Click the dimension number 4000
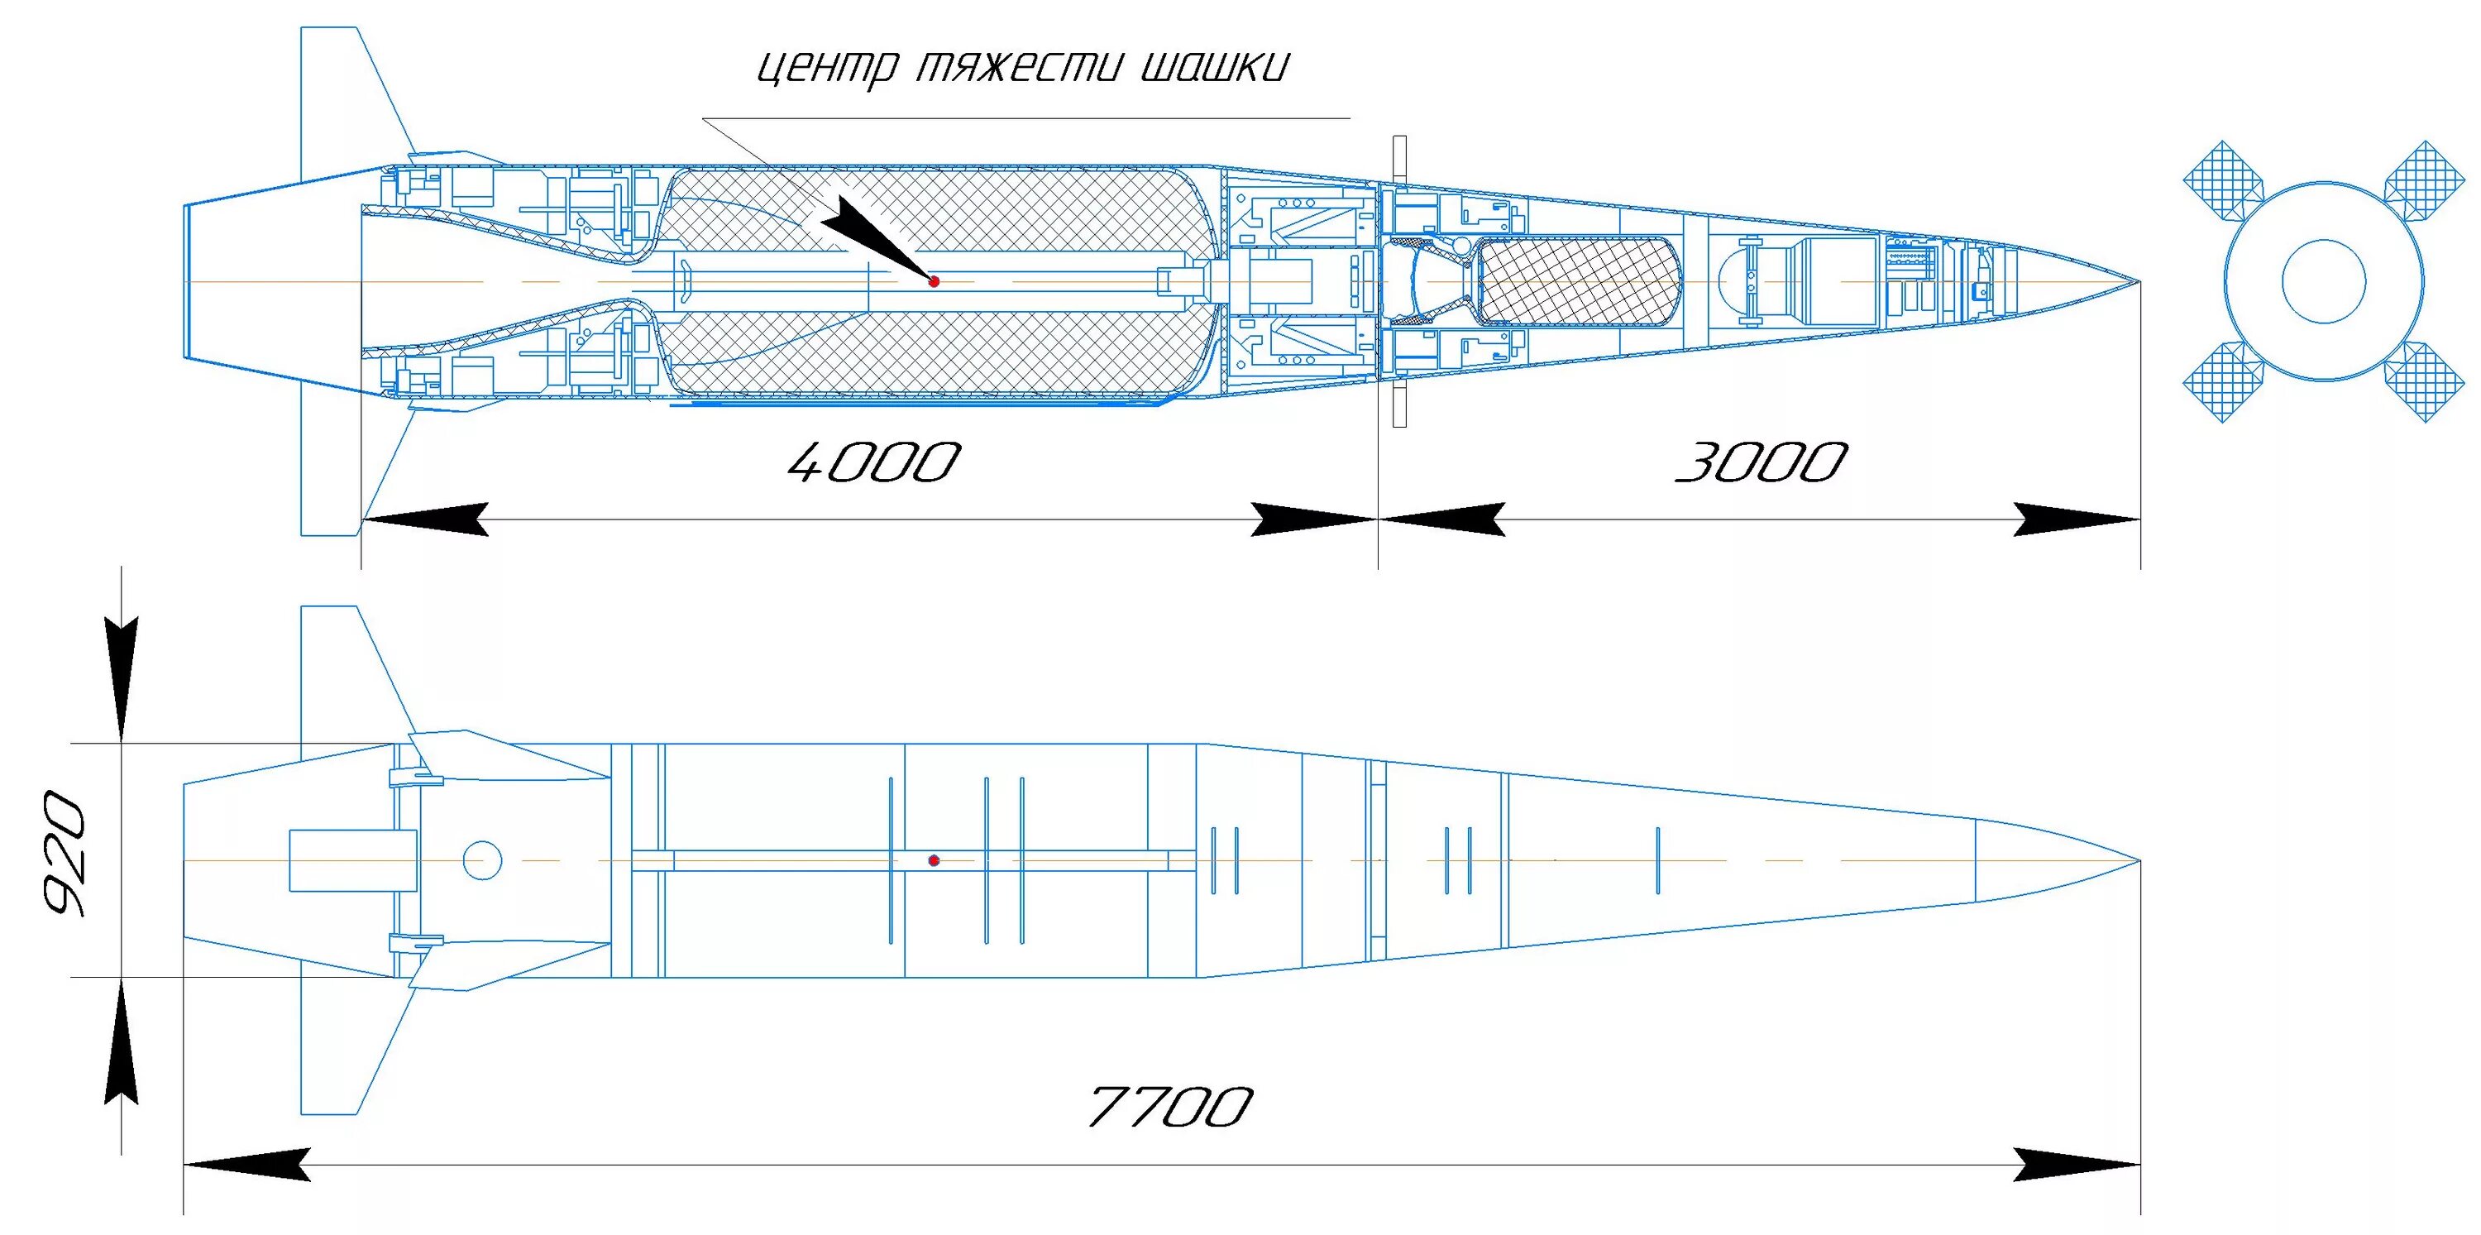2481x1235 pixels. pyautogui.click(x=873, y=463)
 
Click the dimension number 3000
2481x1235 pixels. pyautogui.click(x=1762, y=463)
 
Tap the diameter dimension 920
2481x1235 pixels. pyautogui.click(x=65, y=854)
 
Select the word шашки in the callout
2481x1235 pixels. pyautogui.click(x=1213, y=68)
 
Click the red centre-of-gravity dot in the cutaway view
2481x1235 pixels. pyautogui.click(x=933, y=281)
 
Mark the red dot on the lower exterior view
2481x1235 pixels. pyautogui.click(x=933, y=860)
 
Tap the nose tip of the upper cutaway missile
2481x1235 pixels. pyautogui.click(x=2138, y=282)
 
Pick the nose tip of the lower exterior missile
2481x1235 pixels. pyautogui.click(x=2138, y=860)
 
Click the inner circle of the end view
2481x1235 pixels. pyautogui.click(x=2323, y=281)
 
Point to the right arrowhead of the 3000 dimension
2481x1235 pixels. pyautogui.click(x=2077, y=519)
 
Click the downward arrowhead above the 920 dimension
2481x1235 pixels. pyautogui.click(x=122, y=679)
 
